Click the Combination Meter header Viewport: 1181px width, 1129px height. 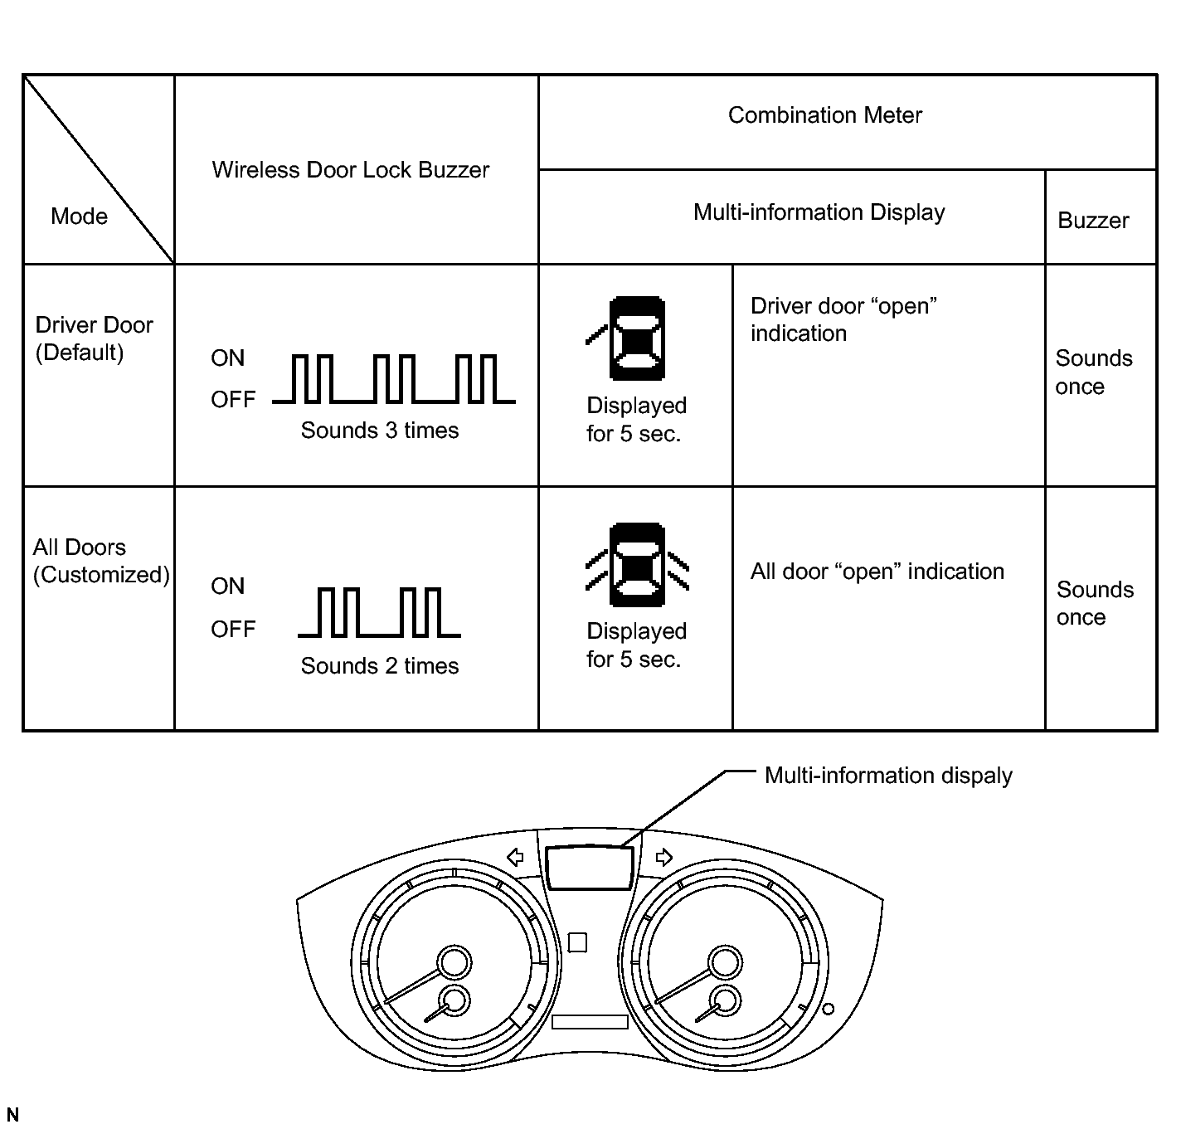click(824, 115)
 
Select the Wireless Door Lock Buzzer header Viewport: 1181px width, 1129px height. click(350, 170)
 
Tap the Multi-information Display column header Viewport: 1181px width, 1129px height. click(819, 212)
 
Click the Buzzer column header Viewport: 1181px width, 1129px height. click(1093, 221)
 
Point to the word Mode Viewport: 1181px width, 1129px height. click(79, 217)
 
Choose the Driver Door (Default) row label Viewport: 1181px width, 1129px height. click(94, 338)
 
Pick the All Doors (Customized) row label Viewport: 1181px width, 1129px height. click(100, 561)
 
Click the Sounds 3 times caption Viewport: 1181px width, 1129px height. click(379, 431)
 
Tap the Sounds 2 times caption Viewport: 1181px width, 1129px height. click(379, 666)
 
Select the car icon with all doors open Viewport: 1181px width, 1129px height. click(637, 565)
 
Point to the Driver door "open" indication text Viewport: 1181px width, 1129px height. click(843, 319)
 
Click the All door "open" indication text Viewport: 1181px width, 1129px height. click(877, 572)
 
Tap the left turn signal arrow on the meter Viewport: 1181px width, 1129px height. click(515, 857)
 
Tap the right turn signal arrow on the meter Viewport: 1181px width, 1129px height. click(663, 857)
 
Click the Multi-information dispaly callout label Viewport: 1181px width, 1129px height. click(887, 776)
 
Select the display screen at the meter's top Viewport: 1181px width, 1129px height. click(589, 868)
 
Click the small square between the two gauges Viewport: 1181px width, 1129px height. click(577, 942)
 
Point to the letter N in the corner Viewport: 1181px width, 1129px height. click(12, 1115)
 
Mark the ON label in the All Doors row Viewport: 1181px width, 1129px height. click(227, 586)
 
